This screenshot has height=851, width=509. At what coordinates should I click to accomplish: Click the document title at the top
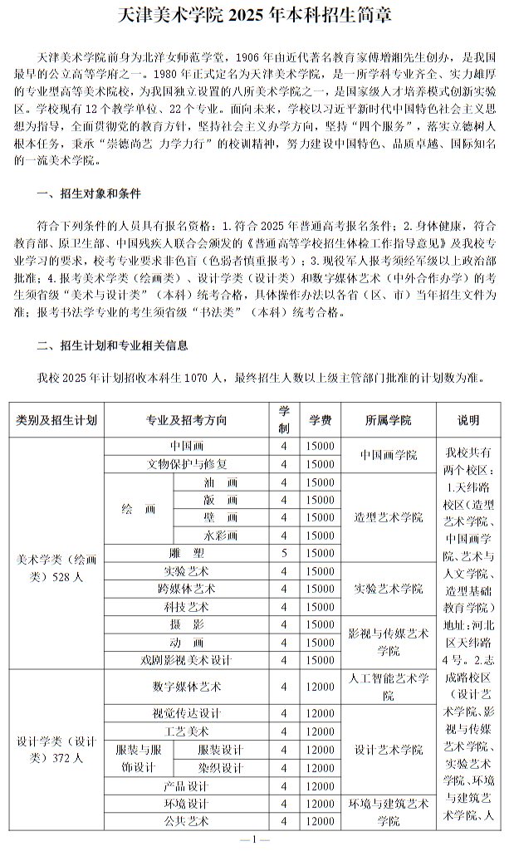pos(254,16)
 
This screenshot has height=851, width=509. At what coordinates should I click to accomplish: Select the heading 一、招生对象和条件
pos(89,194)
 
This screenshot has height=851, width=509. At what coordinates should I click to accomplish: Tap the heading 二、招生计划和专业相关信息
pos(111,345)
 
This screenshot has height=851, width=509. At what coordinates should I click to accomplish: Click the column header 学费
pos(320,420)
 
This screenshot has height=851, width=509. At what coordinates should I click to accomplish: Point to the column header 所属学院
pos(388,420)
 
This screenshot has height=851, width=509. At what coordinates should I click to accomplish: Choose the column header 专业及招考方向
pos(187,420)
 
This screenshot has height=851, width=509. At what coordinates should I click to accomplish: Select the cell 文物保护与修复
pos(187,463)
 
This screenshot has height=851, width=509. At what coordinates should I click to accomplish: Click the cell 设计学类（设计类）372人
pos(57,750)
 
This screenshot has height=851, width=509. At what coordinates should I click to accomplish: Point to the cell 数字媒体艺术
pos(187,687)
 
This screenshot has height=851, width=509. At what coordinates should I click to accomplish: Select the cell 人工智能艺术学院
pos(388,687)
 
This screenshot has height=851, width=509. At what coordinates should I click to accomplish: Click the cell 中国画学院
pos(388,455)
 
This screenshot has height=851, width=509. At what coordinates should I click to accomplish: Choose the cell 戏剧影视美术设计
pos(187,660)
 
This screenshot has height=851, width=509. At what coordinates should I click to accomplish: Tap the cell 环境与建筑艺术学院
pos(388,812)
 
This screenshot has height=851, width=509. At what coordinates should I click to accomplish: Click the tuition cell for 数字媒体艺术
pos(320,687)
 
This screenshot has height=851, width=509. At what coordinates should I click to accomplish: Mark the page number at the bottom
pos(254,839)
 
